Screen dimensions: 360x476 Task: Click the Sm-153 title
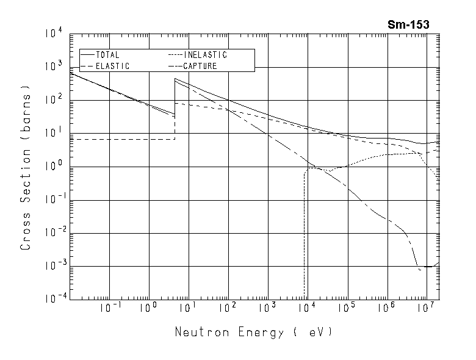[408, 25]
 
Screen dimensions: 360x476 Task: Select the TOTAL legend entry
[108, 55]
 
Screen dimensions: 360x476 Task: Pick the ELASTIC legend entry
[112, 66]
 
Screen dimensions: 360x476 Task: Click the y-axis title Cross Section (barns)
[26, 170]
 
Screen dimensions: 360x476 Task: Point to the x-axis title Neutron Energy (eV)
[253, 333]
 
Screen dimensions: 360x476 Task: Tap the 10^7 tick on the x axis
[426, 309]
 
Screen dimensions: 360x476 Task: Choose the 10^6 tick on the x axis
[386, 309]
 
